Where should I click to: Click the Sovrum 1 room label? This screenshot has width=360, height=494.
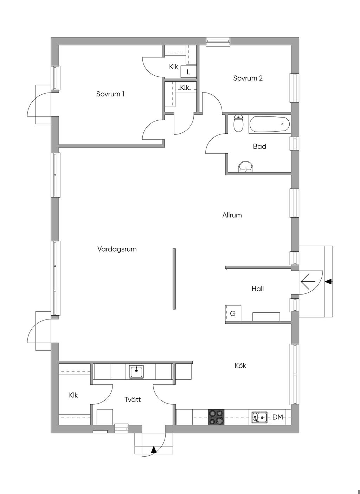(x=110, y=94)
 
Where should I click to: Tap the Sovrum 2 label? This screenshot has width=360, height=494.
(x=248, y=78)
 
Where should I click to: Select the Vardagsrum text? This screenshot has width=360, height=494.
(x=117, y=249)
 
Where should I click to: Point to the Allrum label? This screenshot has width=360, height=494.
(x=232, y=215)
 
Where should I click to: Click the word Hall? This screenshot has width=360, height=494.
(x=258, y=289)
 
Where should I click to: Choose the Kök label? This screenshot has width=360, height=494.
(x=240, y=366)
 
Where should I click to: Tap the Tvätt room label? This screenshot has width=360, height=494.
(x=133, y=399)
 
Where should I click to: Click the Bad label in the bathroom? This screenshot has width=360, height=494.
(x=259, y=146)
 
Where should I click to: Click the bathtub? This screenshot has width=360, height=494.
(x=270, y=124)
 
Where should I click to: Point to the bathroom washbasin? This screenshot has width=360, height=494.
(x=246, y=166)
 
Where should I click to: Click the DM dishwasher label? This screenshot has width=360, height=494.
(x=278, y=417)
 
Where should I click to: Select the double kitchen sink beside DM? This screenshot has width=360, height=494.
(x=260, y=417)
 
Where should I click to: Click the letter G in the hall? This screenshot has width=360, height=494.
(x=233, y=313)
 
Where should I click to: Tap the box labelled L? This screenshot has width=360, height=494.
(x=188, y=72)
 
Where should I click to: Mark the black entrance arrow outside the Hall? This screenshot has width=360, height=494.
(x=328, y=281)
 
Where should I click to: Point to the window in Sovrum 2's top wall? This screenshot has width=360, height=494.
(x=218, y=42)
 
